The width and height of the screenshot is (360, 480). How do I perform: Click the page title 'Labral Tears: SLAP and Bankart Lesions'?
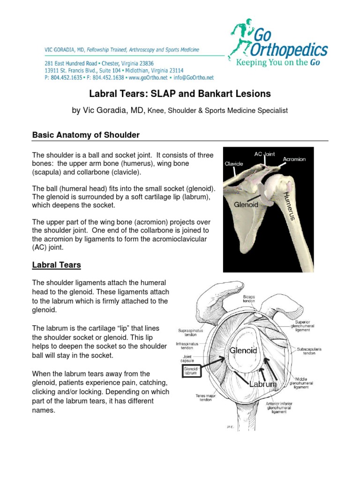tap(180, 94)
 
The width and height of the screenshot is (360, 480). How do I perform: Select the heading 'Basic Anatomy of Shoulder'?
tap(86, 135)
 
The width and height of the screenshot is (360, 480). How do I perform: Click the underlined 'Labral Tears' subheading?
tap(56, 265)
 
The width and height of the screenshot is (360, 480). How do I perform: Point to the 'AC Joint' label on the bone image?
tap(264, 154)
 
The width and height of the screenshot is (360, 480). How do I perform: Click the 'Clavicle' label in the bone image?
tap(233, 164)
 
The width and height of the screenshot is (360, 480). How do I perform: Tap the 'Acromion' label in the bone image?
tap(294, 159)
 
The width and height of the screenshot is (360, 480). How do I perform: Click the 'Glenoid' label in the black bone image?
tap(247, 205)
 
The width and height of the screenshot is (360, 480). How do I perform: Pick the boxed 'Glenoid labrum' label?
tap(191, 371)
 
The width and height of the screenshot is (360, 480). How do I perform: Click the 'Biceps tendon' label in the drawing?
tap(249, 299)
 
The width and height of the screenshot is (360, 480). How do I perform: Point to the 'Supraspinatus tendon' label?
tap(189, 333)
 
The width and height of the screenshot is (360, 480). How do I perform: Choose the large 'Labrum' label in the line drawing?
tap(263, 384)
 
